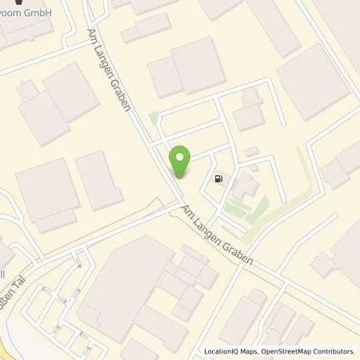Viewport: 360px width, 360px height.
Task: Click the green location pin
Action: (x=182, y=161)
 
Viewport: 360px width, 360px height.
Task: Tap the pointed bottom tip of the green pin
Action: (x=182, y=178)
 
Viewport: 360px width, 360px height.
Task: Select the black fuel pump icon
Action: (x=218, y=178)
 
